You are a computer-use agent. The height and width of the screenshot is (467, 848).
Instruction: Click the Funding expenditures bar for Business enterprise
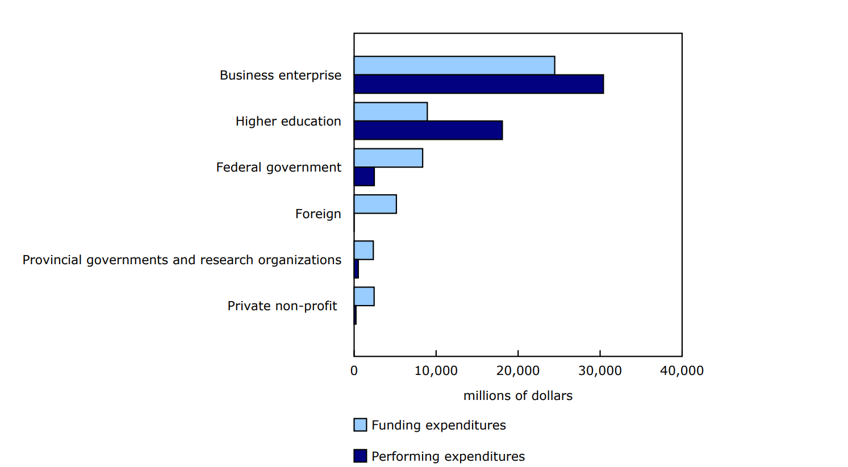[x=454, y=65]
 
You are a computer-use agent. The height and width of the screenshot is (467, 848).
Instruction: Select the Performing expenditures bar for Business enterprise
[x=478, y=84]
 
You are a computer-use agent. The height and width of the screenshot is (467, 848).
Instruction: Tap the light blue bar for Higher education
[x=390, y=111]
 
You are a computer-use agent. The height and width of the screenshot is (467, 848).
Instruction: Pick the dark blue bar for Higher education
[x=428, y=130]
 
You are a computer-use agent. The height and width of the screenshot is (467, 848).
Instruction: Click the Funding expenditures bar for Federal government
[x=388, y=158]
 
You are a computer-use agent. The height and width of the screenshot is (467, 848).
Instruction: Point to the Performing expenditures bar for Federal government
[x=364, y=177]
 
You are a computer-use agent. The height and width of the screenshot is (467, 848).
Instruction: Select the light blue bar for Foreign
[x=375, y=204]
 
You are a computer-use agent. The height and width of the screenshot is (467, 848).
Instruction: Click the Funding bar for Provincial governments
[x=364, y=250]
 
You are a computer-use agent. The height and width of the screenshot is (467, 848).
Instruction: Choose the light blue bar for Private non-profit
[x=364, y=297]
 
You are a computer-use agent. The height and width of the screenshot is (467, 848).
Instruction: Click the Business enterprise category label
[x=281, y=75]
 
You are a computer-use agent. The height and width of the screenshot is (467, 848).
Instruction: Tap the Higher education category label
[x=288, y=121]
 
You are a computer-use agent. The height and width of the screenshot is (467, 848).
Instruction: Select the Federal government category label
[x=278, y=167]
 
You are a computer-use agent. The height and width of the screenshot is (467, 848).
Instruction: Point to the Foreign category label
[x=318, y=214]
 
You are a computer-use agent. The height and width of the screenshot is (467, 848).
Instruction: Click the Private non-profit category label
[x=282, y=306]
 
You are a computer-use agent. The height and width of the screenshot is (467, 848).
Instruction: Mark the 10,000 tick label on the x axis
[x=436, y=370]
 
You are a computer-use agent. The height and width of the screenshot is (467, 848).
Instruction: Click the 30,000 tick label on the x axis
[x=600, y=370]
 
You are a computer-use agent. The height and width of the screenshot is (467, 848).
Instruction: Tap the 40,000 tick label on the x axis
[x=682, y=370]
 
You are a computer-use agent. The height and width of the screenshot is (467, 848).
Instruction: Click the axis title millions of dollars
[x=517, y=395]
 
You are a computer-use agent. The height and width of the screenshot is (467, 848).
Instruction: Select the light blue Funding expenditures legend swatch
[x=360, y=425]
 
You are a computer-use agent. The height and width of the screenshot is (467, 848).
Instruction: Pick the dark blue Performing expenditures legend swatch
[x=360, y=456]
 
